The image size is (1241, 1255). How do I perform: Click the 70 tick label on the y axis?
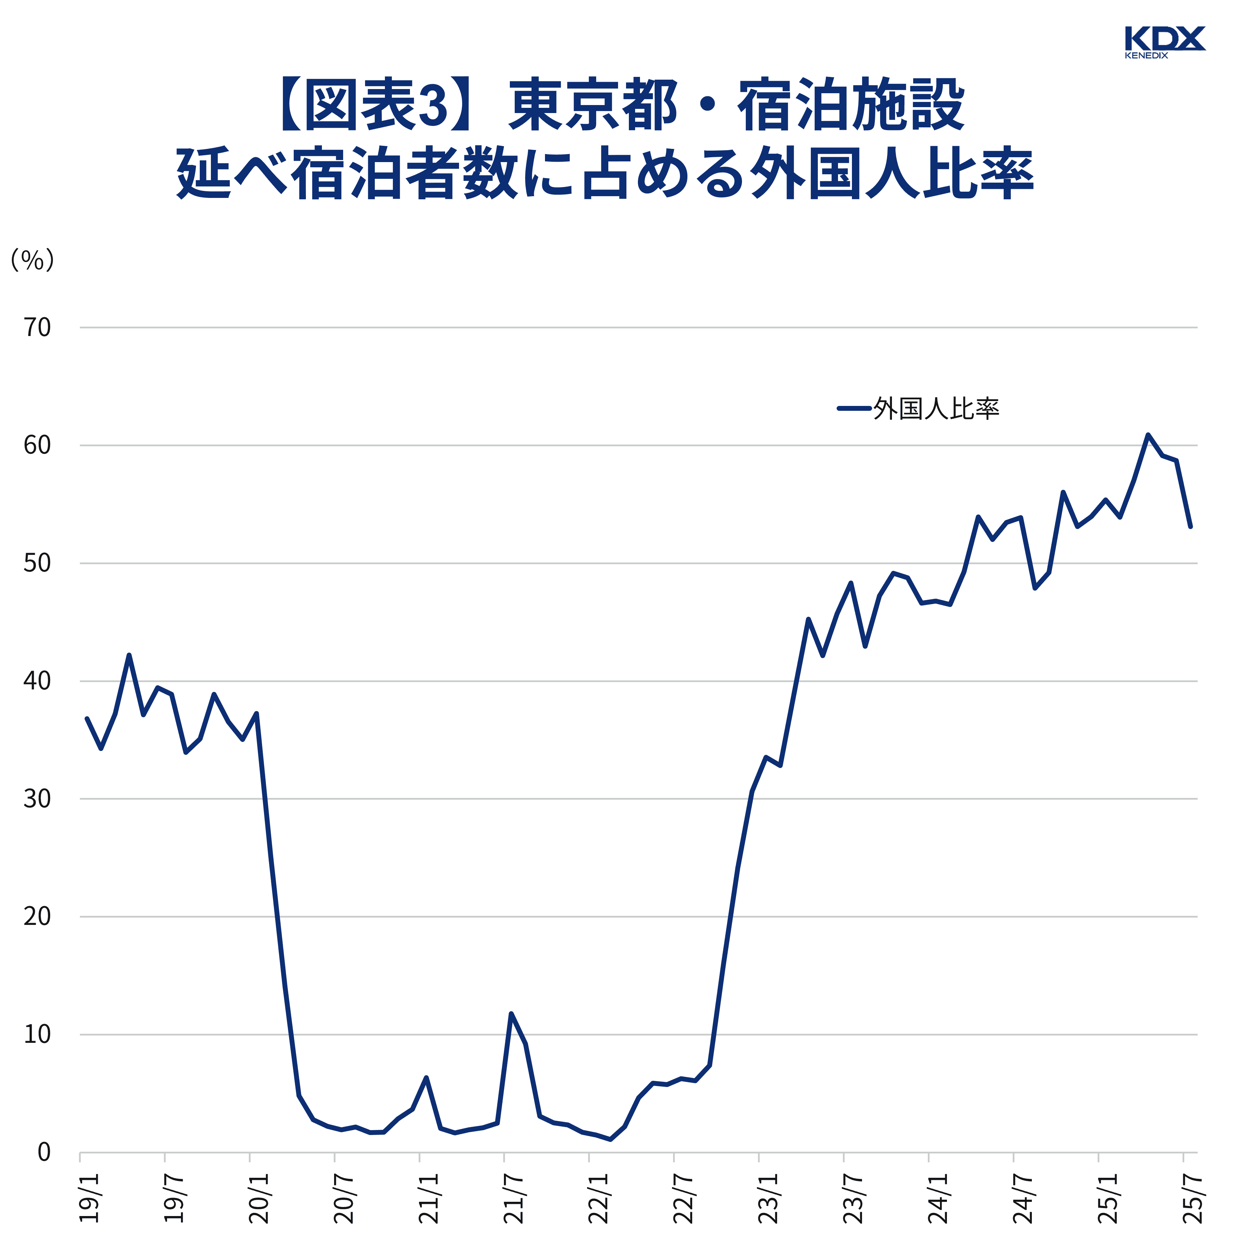pos(37,327)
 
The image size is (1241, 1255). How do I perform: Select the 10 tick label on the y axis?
pos(37,1034)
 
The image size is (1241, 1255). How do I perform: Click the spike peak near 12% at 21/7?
pos(511,1013)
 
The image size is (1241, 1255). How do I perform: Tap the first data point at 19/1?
pos(86,718)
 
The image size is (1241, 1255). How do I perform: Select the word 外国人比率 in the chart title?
pos(890,174)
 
